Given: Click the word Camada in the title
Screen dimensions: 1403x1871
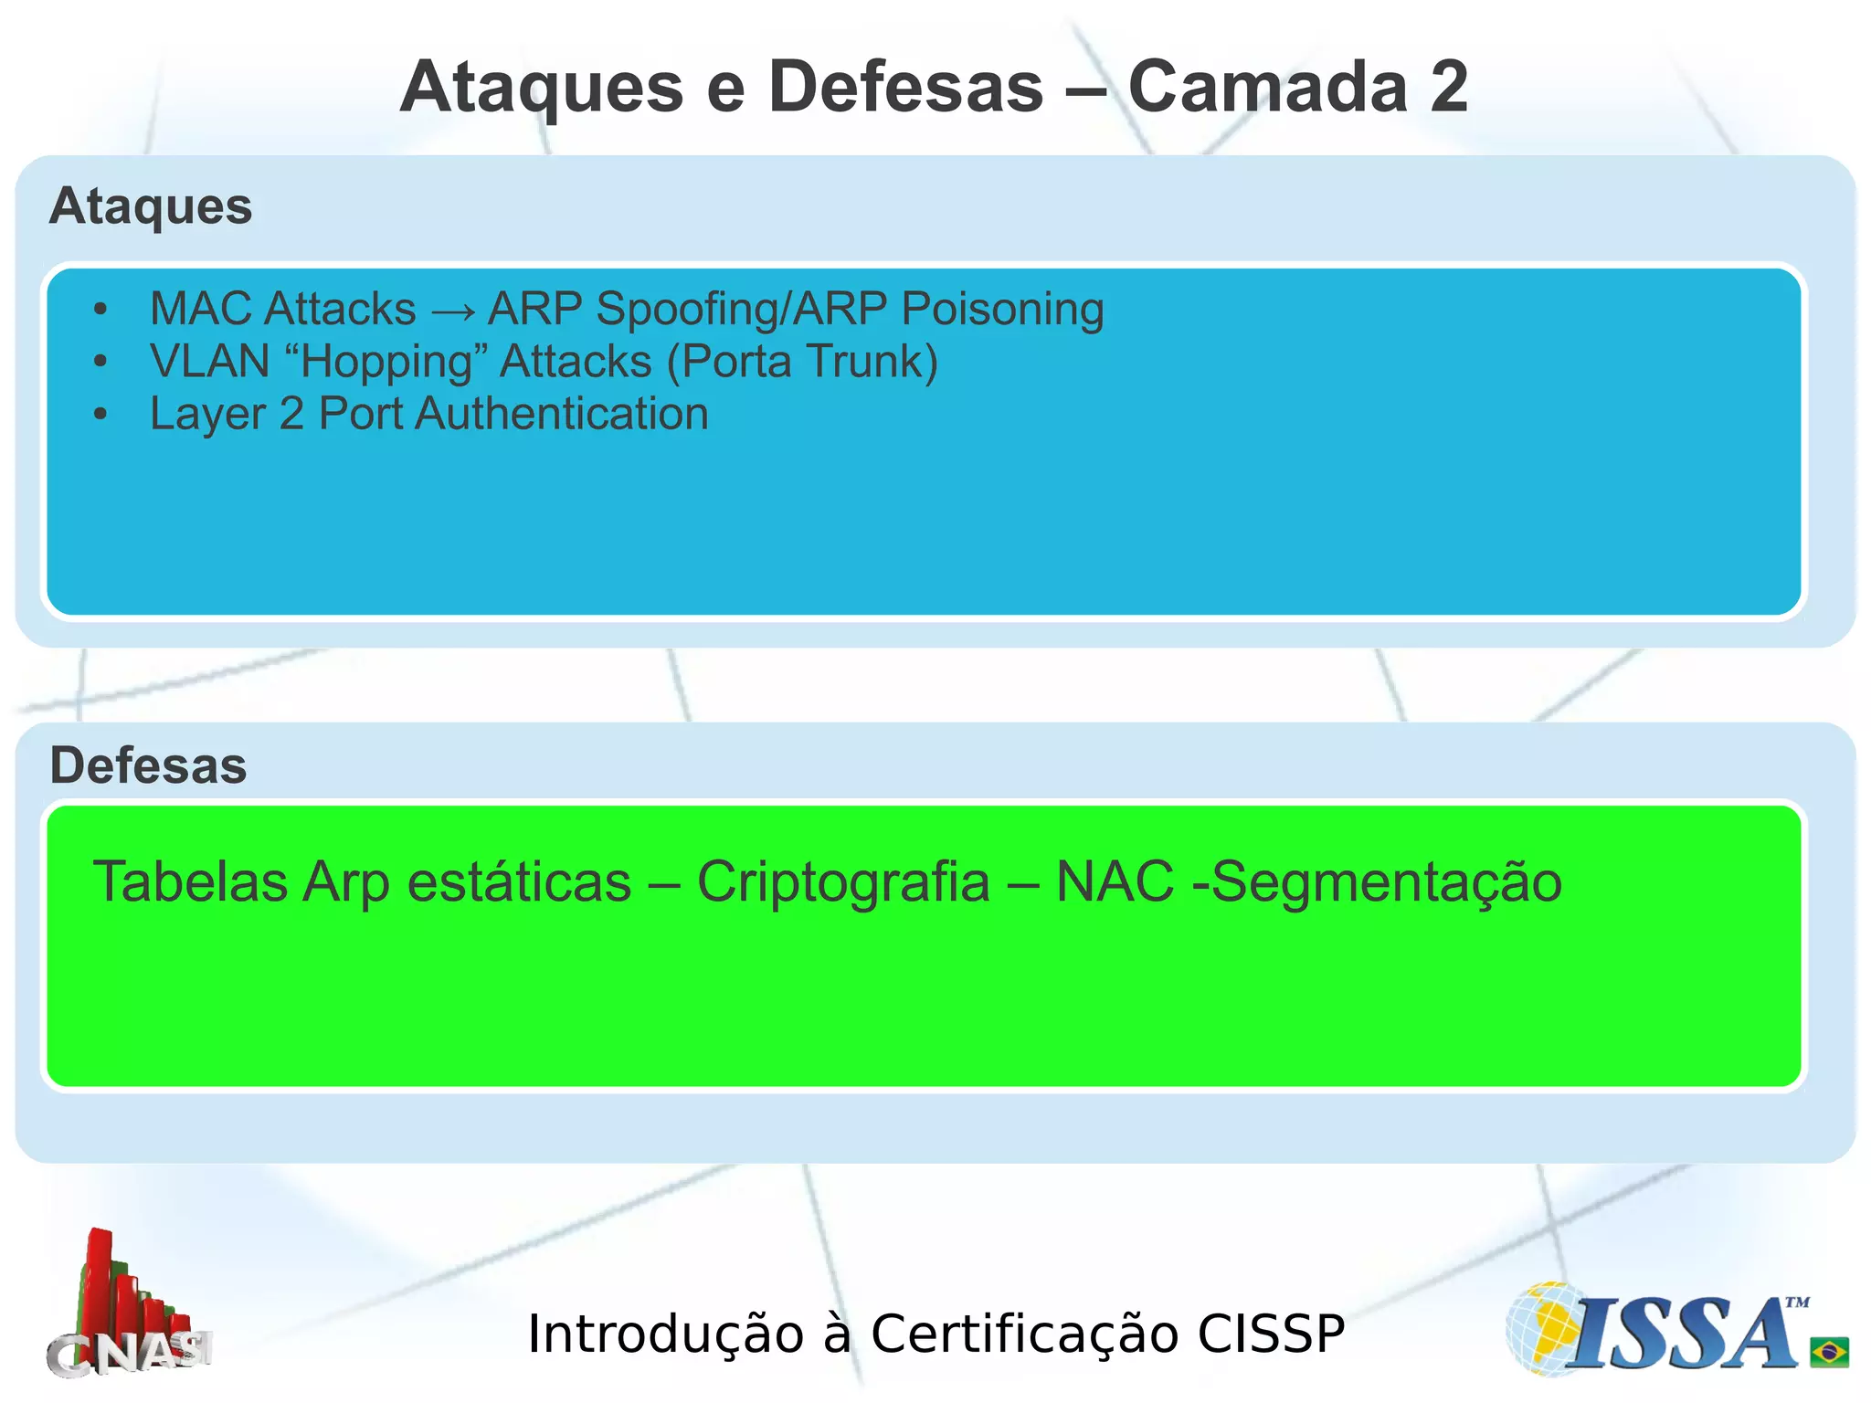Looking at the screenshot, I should (x=1268, y=87).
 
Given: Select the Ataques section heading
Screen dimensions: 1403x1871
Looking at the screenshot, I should (x=151, y=206).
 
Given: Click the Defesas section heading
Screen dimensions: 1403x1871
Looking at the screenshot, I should (x=148, y=765).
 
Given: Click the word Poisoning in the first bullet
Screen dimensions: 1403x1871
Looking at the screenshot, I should (x=1002, y=310).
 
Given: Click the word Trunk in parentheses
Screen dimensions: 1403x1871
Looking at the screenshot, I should (x=866, y=361).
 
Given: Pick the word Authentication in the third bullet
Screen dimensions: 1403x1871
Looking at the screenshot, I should (x=562, y=415).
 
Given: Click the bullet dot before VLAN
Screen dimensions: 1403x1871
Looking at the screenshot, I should (x=100, y=362).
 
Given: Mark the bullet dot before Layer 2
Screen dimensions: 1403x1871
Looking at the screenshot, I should (x=100, y=415).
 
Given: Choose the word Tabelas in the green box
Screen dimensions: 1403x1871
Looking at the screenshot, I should (x=190, y=882).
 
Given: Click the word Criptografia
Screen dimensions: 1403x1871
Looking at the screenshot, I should (x=843, y=882).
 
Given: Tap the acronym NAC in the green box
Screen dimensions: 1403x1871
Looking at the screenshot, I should (x=1115, y=882).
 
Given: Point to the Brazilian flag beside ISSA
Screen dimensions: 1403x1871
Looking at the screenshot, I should (x=1829, y=1351).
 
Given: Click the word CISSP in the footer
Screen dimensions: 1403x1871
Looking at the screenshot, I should (x=1271, y=1334).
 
